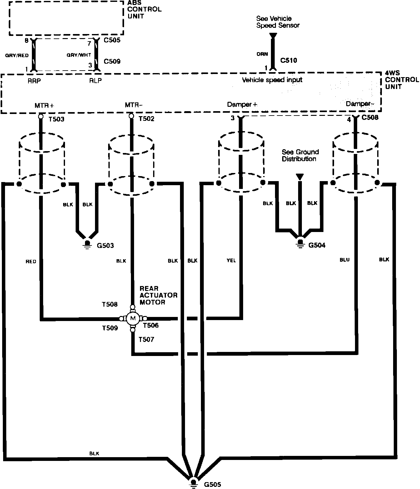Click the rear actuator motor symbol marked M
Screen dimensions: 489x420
(132, 319)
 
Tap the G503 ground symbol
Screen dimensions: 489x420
(87, 244)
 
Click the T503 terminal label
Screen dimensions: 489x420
(56, 119)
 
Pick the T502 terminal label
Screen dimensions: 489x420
(146, 119)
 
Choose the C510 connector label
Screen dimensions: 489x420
(289, 61)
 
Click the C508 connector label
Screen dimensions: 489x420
(370, 118)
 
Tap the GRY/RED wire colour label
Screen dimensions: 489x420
(17, 55)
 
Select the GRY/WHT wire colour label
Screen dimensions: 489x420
(79, 55)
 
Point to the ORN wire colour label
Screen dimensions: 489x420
(262, 54)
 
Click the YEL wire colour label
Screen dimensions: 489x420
(231, 260)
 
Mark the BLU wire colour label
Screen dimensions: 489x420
(344, 260)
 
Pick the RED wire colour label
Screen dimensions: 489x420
(31, 261)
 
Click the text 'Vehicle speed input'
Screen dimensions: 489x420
(272, 80)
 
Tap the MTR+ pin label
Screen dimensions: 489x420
(44, 106)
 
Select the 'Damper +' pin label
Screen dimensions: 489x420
(242, 105)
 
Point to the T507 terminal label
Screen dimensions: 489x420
(146, 339)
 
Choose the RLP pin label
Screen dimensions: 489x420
(95, 81)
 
